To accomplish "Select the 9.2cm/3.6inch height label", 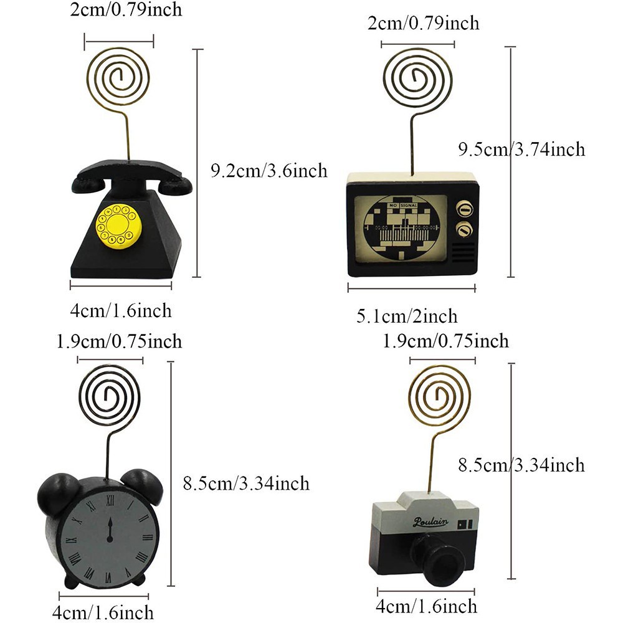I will (269, 170).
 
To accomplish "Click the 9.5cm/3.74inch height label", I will (521, 149).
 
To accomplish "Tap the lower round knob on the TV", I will (463, 231).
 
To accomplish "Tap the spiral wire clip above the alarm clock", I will (111, 396).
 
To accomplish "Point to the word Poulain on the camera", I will (430, 522).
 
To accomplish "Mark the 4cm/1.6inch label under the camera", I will (427, 606).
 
